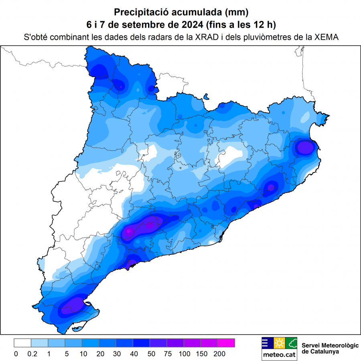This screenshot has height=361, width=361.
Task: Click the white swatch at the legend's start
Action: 22,343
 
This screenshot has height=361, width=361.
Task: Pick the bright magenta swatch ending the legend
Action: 226,343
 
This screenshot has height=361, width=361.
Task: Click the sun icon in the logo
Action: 279,343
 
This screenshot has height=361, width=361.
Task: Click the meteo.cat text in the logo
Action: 279,355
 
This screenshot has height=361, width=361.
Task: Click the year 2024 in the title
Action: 192,24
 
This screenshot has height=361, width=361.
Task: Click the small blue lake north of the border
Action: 207,97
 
